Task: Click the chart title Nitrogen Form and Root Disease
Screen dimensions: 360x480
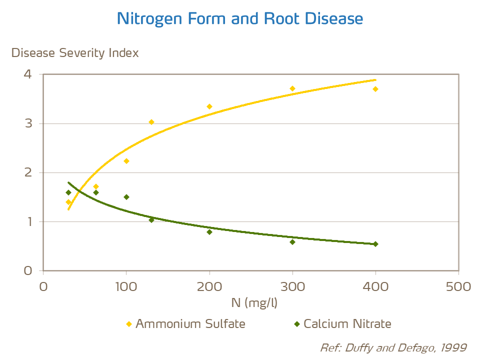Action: (x=239, y=19)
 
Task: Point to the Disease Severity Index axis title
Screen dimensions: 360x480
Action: (x=75, y=52)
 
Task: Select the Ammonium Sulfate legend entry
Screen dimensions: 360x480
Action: (x=185, y=323)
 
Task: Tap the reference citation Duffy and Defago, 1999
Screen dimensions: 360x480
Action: (x=393, y=347)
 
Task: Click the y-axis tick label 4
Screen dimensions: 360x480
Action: (x=27, y=74)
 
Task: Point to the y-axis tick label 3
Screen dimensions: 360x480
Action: (x=27, y=123)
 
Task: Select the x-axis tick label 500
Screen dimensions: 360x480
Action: (x=458, y=286)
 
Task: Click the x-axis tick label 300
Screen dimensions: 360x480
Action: (x=292, y=286)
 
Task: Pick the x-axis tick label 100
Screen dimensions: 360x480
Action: (x=126, y=286)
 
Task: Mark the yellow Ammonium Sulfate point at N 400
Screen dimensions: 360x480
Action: (x=375, y=89)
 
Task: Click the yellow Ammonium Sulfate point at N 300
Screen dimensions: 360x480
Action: (x=292, y=88)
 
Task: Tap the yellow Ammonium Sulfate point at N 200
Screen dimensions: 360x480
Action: (x=209, y=106)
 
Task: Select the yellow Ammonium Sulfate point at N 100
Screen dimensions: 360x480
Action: (x=126, y=161)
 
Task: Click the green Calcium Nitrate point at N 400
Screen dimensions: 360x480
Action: (x=375, y=244)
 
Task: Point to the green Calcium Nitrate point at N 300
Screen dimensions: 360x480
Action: (x=292, y=242)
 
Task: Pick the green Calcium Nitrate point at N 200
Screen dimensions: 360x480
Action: (x=209, y=232)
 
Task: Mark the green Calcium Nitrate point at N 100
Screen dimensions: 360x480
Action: (x=126, y=197)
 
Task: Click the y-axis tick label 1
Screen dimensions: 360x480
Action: (x=27, y=221)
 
